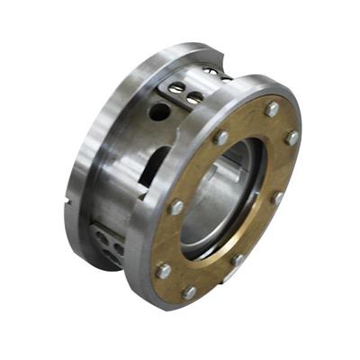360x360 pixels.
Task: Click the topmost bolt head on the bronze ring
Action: [272, 109]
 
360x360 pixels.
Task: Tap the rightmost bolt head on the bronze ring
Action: [292, 138]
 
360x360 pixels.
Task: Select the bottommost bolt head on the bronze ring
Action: [189, 292]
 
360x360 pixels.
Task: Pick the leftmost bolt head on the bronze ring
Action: [163, 269]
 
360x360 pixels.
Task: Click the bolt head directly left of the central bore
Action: [177, 207]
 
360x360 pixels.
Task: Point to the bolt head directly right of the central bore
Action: [278, 197]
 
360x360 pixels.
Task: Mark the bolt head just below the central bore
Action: [238, 259]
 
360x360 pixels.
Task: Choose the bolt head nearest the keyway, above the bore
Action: [221, 138]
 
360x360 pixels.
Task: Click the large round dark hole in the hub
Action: [159, 112]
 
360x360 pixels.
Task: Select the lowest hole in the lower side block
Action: [112, 256]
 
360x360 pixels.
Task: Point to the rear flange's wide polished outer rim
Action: [90, 144]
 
